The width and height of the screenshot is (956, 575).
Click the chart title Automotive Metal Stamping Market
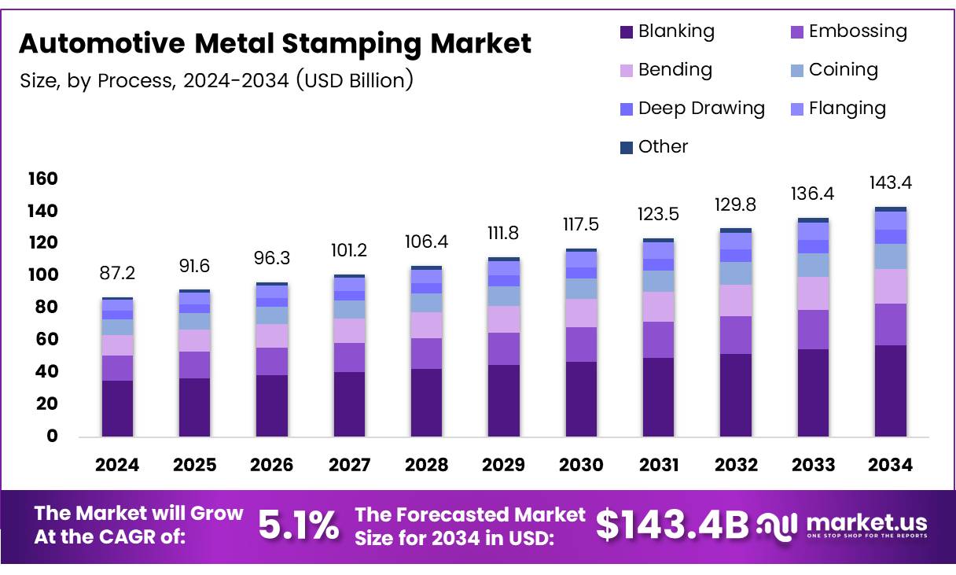tap(275, 44)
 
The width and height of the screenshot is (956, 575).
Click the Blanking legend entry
tap(667, 31)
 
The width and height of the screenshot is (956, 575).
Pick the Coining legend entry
tap(833, 70)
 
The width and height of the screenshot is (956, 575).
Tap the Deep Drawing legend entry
tap(692, 109)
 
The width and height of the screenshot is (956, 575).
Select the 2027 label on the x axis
tap(349, 465)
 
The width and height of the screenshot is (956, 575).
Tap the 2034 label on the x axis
tap(890, 465)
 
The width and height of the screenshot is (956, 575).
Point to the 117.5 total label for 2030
tap(581, 225)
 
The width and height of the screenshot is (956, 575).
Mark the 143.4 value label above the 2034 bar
tap(891, 183)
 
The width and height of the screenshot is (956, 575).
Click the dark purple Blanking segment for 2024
tap(117, 408)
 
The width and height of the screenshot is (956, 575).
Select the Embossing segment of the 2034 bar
tap(891, 324)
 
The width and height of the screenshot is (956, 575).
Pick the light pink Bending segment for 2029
tap(504, 319)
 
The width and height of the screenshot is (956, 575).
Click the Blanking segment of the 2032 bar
tap(736, 395)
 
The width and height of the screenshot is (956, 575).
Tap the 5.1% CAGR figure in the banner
tap(299, 525)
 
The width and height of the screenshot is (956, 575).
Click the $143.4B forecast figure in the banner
tap(672, 525)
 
